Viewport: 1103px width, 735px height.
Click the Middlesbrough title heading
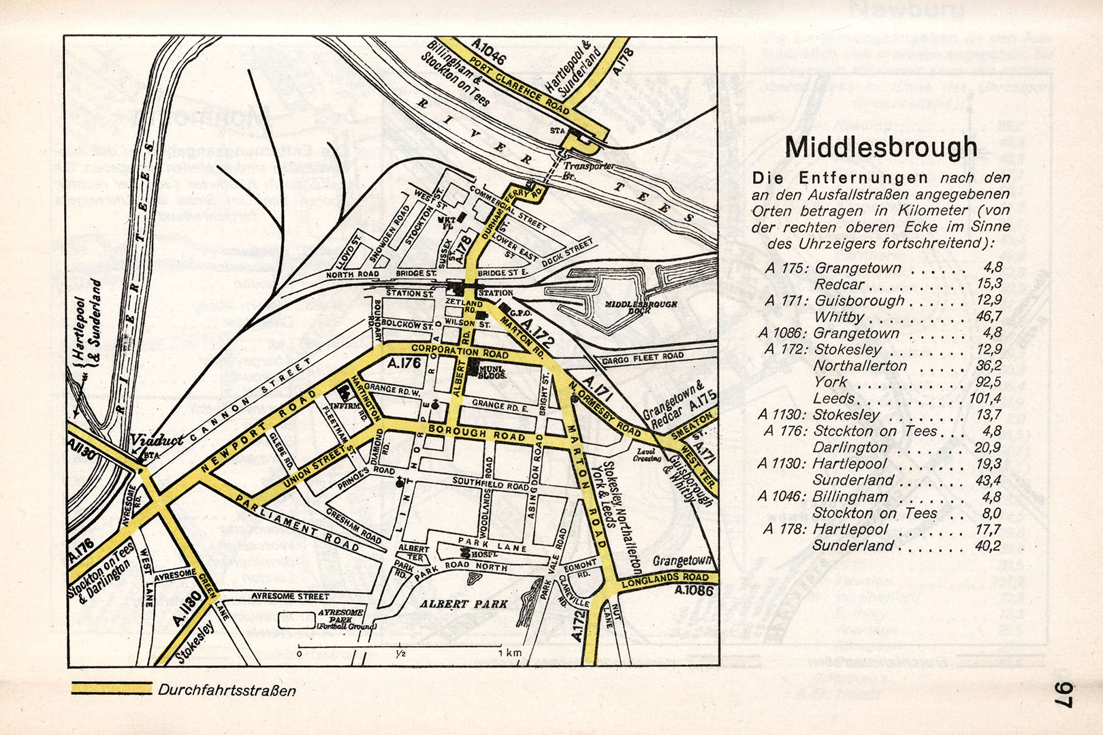coord(880,147)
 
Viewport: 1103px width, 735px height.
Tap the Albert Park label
coord(464,604)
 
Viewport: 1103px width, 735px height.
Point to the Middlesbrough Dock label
coord(641,308)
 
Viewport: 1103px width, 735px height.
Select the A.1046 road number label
coord(488,52)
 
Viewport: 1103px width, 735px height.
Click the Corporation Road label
coord(460,351)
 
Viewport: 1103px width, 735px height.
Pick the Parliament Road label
coord(297,523)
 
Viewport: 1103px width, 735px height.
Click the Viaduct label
coord(157,440)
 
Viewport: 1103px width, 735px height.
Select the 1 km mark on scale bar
coord(509,653)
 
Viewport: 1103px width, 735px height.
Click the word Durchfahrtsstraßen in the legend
coord(227,690)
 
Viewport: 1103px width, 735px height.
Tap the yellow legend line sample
coord(112,689)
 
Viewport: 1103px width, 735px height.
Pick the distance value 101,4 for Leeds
coord(985,398)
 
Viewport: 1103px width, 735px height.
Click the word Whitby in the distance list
coord(839,316)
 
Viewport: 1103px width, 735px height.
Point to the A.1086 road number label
coord(694,591)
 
